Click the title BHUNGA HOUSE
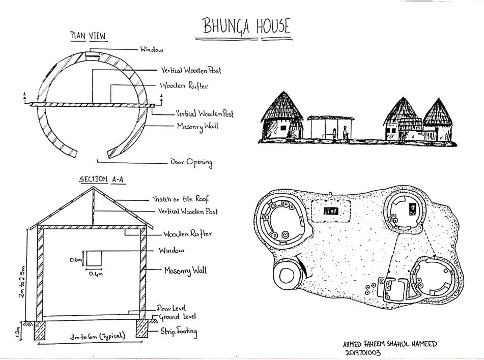pos(246,26)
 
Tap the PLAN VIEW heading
pos(87,36)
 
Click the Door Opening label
pos(191,162)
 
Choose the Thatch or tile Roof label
pos(180,199)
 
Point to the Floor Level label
pos(171,308)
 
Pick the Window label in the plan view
pos(152,49)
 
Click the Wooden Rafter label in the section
pos(188,234)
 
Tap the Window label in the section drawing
pos(171,251)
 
